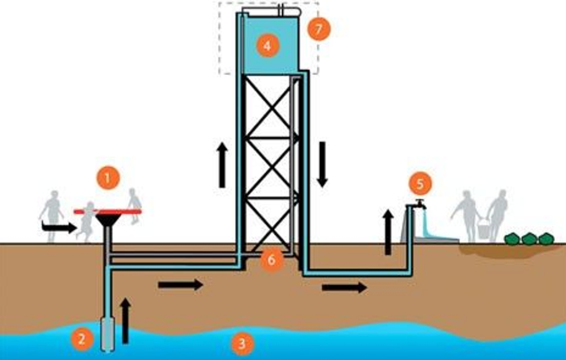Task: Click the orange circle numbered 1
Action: tap(108, 179)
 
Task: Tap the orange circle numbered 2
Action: tap(81, 338)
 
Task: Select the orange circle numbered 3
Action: tap(242, 344)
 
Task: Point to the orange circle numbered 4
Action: tap(267, 46)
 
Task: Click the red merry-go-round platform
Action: tap(107, 211)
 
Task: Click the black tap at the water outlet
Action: tap(420, 204)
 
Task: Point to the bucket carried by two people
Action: tap(483, 228)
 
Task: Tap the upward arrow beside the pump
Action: tap(125, 320)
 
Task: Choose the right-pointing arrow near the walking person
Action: tap(59, 227)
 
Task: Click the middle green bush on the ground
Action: tap(530, 239)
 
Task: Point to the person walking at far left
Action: tap(52, 212)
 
